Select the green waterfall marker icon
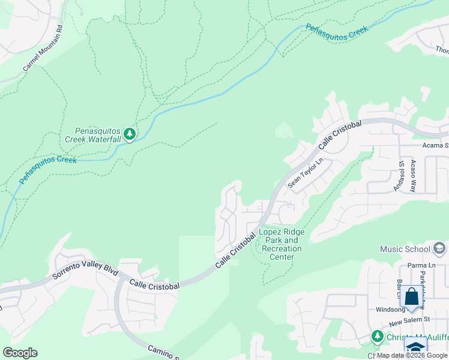tap(129, 133)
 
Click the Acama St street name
tap(435, 145)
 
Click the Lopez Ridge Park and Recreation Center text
tap(281, 244)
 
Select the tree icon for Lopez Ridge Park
tap(259, 244)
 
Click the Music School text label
tap(405, 248)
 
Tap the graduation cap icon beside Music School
tap(439, 248)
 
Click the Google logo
tap(20, 353)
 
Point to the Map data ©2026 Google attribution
tap(412, 356)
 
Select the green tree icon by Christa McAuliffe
tap(377, 336)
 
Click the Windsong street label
tap(391, 310)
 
